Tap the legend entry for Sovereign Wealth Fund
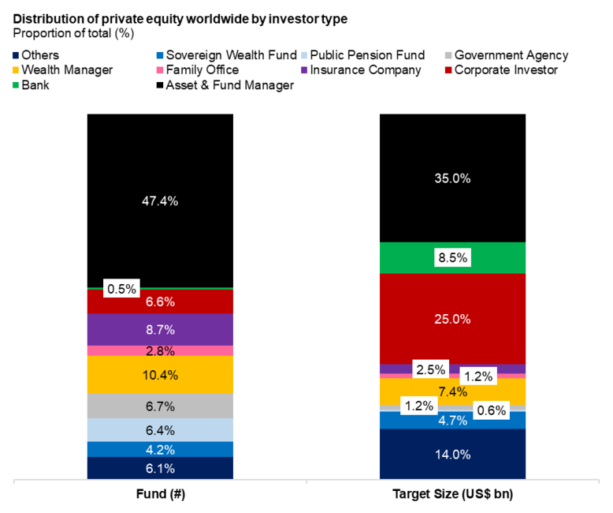pyautogui.click(x=225, y=55)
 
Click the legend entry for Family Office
pyautogui.click(x=206, y=70)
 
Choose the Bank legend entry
pyautogui.click(x=35, y=85)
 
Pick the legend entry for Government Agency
pyautogui.click(x=511, y=55)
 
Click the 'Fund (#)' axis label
pyautogui.click(x=160, y=494)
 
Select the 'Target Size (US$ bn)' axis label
pyautogui.click(x=452, y=494)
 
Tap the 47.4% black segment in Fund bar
pyautogui.click(x=160, y=200)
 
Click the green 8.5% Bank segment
pyautogui.click(x=452, y=257)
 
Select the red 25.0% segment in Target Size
pyautogui.click(x=452, y=319)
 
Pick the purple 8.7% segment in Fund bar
pyautogui.click(x=160, y=329)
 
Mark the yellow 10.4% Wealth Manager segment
pyautogui.click(x=160, y=375)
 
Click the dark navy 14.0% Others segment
pyautogui.click(x=452, y=454)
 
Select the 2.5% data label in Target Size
pyautogui.click(x=430, y=369)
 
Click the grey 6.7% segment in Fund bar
pyautogui.click(x=160, y=406)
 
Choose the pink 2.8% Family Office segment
pyautogui.click(x=160, y=350)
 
